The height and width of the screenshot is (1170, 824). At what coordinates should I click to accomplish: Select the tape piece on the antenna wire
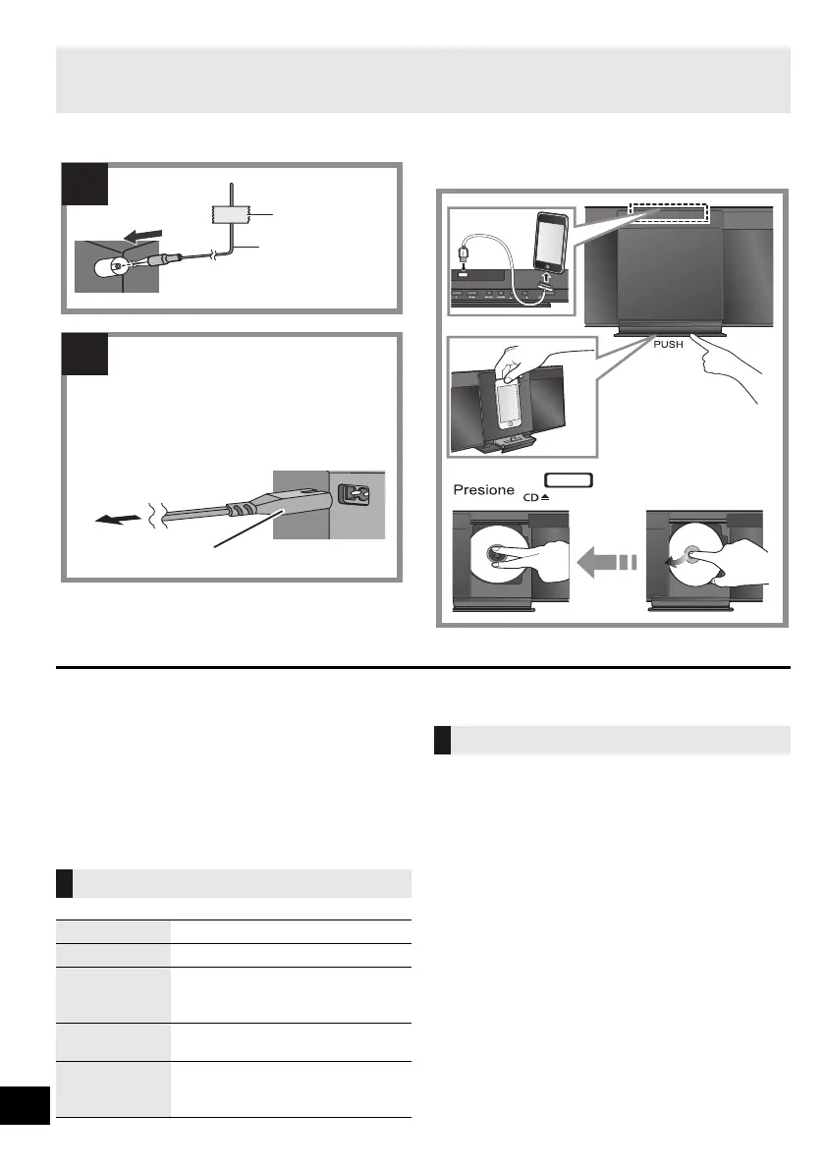tap(230, 217)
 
